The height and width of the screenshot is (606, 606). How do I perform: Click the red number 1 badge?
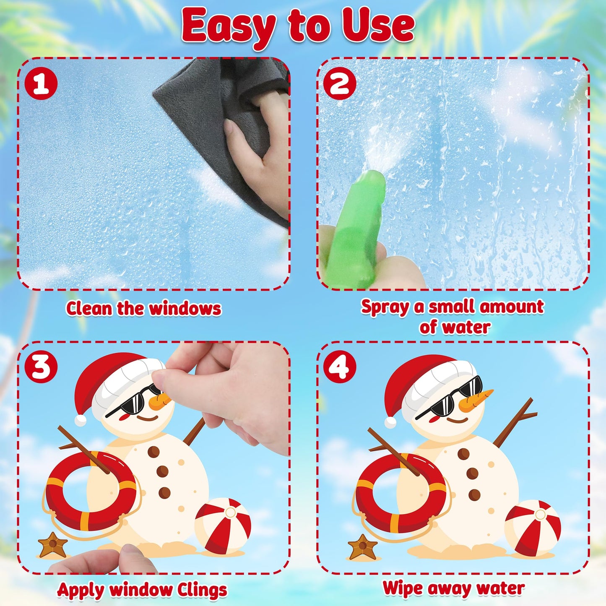(x=41, y=84)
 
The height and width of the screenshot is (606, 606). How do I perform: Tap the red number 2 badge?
(x=340, y=84)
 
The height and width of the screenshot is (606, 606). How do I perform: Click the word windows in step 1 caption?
(x=185, y=309)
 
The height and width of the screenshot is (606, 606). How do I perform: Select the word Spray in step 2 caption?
(x=385, y=307)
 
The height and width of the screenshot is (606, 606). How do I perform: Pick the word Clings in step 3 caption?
(x=202, y=590)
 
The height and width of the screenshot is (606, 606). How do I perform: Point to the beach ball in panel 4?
(x=533, y=528)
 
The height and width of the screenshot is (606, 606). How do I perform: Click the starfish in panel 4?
(x=363, y=546)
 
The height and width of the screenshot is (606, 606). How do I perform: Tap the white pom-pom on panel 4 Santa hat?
(x=390, y=422)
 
